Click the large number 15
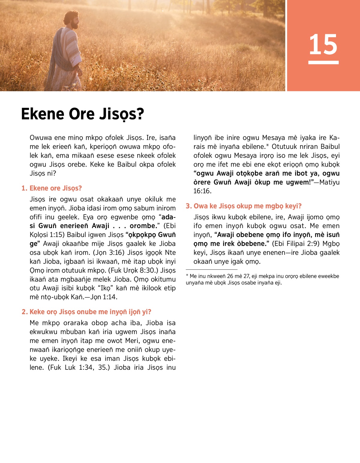[x=323, y=44]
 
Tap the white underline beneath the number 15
[x=323, y=62]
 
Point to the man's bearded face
[x=74, y=22]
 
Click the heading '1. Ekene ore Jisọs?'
[x=52, y=188]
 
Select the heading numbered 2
[x=86, y=312]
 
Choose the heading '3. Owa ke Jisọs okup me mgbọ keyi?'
[x=244, y=206]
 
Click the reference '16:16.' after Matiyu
[x=202, y=191]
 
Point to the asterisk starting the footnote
[x=187, y=276]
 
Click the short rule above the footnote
[x=211, y=269]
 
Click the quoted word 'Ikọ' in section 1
[x=105, y=288]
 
